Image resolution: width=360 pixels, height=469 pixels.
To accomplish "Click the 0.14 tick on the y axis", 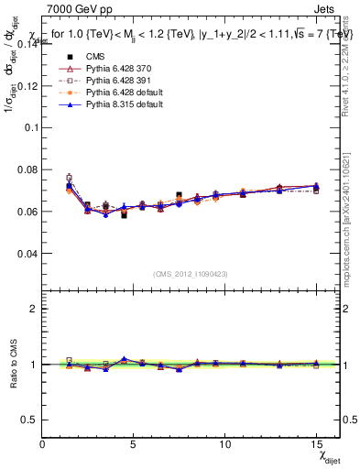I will pyautogui.click(x=27, y=45).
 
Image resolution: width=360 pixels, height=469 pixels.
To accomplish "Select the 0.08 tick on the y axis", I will pyautogui.click(x=27, y=169).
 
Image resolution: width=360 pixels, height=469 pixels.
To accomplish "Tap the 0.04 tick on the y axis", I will pyautogui.click(x=27, y=253).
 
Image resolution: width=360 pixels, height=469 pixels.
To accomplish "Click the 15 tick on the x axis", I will pyautogui.click(x=316, y=444).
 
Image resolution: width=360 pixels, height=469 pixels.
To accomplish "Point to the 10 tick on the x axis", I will pyautogui.click(x=224, y=444).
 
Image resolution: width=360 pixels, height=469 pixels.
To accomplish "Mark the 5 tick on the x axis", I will pyautogui.click(x=134, y=444).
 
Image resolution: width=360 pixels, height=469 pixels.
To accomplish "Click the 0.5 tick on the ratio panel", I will pyautogui.click(x=30, y=420).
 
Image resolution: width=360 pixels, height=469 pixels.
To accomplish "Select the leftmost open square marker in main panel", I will pyautogui.click(x=69, y=178).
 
